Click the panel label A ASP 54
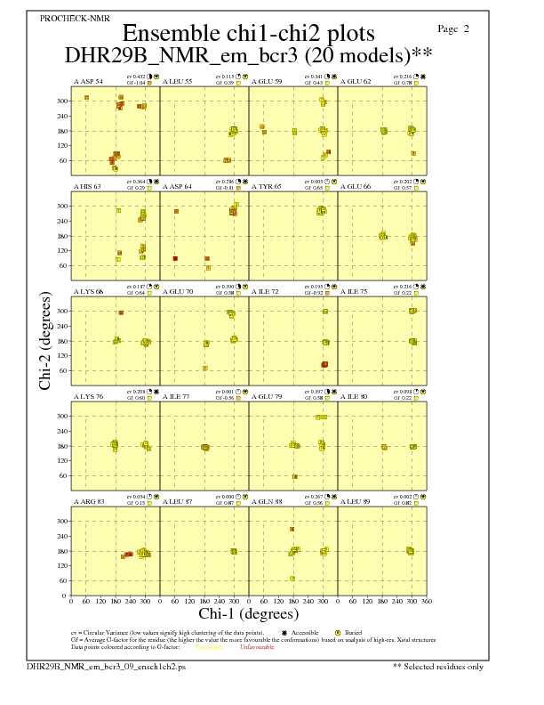[87, 81]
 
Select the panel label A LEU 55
[178, 81]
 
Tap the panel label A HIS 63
[87, 187]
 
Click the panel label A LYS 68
[87, 291]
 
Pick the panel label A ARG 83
[88, 502]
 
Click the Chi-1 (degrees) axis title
[248, 614]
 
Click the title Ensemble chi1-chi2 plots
[248, 34]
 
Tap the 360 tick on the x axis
[427, 601]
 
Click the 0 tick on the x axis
[71, 601]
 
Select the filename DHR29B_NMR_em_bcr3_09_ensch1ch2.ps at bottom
[107, 665]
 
